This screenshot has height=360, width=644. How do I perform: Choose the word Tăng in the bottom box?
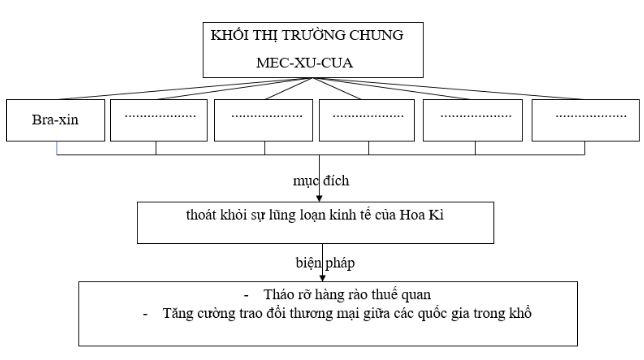(x=177, y=315)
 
